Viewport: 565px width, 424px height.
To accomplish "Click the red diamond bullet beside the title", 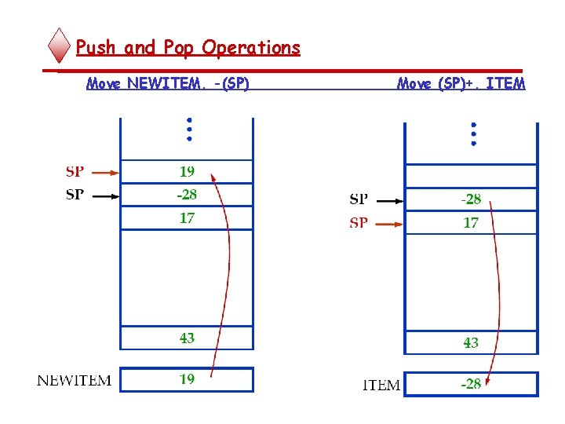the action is (x=60, y=46).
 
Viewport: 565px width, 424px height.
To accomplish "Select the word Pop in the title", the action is (x=180, y=48).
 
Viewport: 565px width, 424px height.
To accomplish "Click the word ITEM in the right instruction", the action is (x=505, y=83).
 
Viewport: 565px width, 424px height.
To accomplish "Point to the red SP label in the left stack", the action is (x=75, y=171).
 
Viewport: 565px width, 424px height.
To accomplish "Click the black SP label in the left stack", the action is (x=75, y=195).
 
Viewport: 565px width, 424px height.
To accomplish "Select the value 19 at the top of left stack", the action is (x=187, y=171).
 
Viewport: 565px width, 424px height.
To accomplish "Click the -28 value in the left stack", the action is (x=186, y=195).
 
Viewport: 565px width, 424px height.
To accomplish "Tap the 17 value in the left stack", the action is (x=187, y=218).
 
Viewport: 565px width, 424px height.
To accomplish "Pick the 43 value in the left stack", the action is (x=187, y=338).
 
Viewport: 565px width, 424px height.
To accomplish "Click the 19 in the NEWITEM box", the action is (x=187, y=379).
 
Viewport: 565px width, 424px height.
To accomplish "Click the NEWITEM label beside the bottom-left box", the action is (x=74, y=381).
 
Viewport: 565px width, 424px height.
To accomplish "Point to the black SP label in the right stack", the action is (x=359, y=199).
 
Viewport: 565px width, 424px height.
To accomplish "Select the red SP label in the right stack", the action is (x=359, y=223).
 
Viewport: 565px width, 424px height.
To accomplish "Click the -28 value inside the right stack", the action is (x=470, y=199).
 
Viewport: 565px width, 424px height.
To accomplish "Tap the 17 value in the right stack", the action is (x=471, y=223).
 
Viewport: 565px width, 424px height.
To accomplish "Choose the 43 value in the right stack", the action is (x=471, y=342).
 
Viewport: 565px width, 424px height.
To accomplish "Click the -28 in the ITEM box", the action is (x=470, y=384).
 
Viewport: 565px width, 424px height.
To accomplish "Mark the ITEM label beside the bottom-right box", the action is (x=381, y=386).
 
